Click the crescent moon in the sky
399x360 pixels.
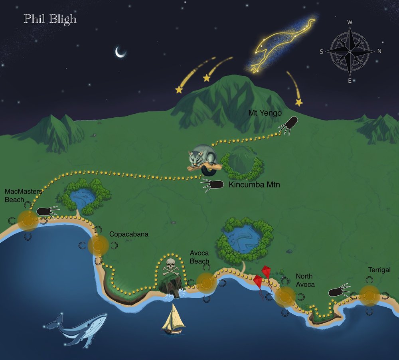click(120, 52)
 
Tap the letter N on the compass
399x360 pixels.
click(379, 51)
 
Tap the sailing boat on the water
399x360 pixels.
click(173, 319)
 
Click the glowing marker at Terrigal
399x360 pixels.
click(369, 296)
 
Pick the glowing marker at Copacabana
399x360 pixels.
click(98, 245)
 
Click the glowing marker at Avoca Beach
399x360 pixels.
click(207, 283)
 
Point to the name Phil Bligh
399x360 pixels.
click(50, 19)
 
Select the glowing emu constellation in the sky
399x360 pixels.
click(281, 46)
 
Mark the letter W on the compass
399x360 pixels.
click(350, 22)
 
